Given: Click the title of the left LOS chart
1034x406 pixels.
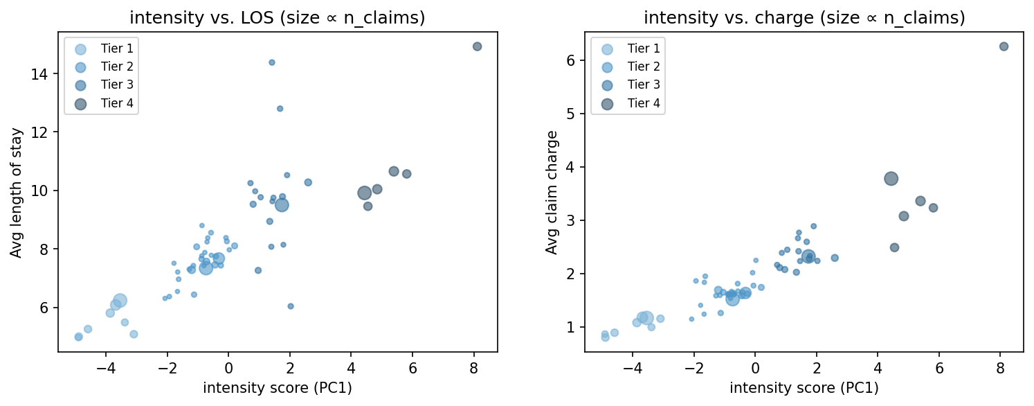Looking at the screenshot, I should (x=278, y=18).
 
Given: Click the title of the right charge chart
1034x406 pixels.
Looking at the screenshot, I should (x=804, y=18).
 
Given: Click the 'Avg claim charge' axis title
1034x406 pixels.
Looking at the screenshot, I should (x=552, y=192).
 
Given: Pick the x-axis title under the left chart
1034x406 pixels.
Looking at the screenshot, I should (x=278, y=388).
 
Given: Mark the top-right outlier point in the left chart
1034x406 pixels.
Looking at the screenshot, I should (x=477, y=46).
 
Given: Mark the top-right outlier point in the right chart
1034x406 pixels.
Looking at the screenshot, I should (x=1004, y=46).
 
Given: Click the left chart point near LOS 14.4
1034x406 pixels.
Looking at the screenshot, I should (x=272, y=62).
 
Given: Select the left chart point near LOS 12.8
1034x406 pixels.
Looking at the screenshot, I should (x=280, y=109).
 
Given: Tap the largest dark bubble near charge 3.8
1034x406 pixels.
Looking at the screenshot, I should (x=891, y=179).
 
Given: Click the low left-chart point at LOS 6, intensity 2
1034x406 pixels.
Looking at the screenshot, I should (x=291, y=306).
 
